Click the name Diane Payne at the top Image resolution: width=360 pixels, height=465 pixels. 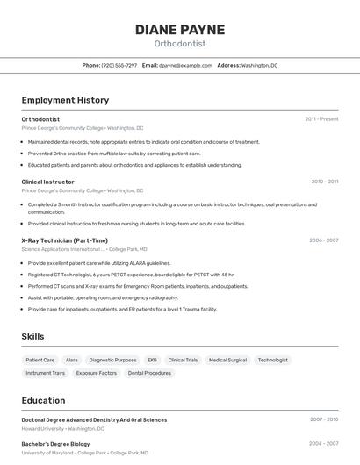coord(179,29)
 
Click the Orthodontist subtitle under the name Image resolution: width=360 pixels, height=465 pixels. coord(179,44)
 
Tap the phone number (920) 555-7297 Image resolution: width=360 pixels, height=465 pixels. coord(119,65)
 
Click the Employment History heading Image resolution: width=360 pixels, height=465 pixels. coord(65,100)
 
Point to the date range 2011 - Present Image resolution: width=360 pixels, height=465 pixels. coord(321,119)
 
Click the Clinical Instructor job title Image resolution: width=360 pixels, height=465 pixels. coord(47,182)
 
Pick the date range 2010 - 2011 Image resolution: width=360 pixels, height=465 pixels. coord(324,182)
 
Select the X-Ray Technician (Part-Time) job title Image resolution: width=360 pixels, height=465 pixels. coord(64,240)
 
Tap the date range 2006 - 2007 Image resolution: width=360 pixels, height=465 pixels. coord(323,240)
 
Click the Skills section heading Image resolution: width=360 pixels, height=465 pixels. coord(32,336)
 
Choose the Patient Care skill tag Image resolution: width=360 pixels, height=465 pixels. coord(40,360)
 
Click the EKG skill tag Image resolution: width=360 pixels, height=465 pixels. coord(152,360)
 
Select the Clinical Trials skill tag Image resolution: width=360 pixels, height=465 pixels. coord(183,360)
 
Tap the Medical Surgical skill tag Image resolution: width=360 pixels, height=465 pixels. coord(227,360)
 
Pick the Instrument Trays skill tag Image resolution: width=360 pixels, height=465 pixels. coord(46,373)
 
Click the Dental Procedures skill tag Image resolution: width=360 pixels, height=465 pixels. coord(149,373)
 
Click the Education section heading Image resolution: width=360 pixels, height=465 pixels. coord(43,400)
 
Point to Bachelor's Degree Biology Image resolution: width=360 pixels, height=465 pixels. coord(56,444)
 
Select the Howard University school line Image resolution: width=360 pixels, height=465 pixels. coord(62,429)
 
